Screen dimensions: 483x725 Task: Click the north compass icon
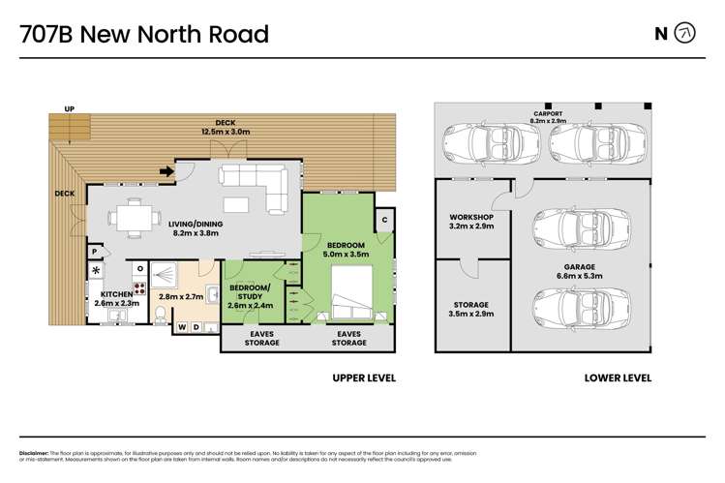pos(684,34)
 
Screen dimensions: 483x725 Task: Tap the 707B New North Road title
pos(145,35)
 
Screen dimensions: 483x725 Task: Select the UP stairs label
pos(68,107)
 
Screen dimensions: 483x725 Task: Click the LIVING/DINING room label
pos(197,228)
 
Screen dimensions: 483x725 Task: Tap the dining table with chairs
pos(130,217)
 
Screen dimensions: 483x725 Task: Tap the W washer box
pos(181,328)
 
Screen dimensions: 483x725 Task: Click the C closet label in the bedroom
pos(384,218)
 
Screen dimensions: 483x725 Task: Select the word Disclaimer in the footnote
pos(37,453)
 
